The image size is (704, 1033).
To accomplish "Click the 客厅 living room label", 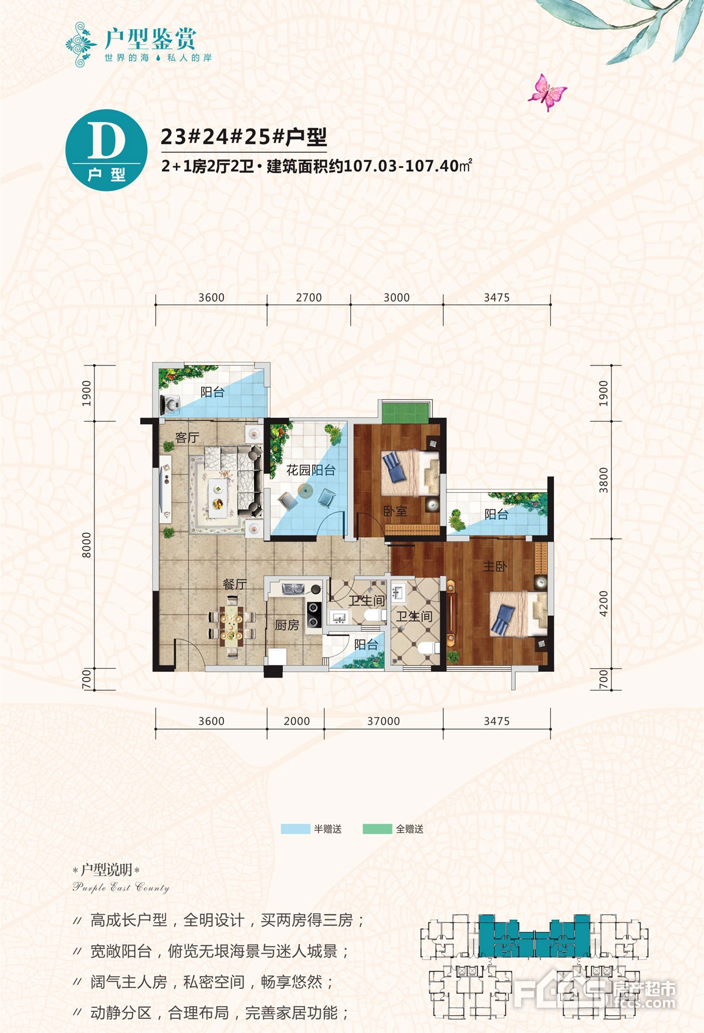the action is click(187, 438).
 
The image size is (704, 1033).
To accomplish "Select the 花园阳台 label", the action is click(311, 470).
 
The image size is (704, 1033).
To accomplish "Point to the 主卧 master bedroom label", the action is click(495, 566).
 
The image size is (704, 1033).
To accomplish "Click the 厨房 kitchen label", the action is click(287, 625).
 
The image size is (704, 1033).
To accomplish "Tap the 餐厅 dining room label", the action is click(235, 584).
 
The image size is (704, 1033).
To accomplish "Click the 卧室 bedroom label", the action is click(395, 512).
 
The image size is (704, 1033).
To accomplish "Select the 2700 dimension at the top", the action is click(309, 297).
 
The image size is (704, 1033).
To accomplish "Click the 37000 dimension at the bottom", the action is click(384, 721).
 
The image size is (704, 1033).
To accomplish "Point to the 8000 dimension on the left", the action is click(87, 545).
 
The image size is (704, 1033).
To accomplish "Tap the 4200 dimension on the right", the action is click(604, 603).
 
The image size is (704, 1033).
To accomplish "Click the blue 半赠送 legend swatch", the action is click(296, 829).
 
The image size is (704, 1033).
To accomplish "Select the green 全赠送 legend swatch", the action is click(377, 829).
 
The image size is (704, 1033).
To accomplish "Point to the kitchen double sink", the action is click(291, 588).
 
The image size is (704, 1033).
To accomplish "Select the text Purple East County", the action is click(121, 888).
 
